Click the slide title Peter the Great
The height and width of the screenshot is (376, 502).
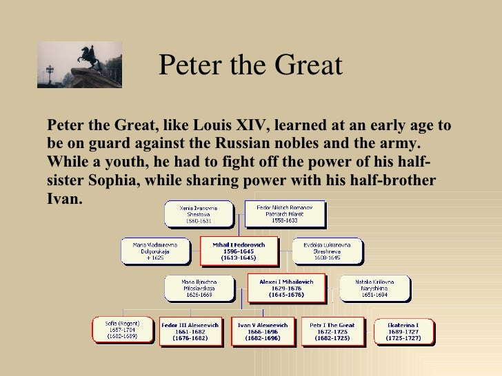250,66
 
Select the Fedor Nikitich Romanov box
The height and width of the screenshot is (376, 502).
284,213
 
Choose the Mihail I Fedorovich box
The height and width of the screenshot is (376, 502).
239,251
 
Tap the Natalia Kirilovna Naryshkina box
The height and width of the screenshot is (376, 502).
374,289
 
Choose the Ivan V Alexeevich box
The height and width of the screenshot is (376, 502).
263,330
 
